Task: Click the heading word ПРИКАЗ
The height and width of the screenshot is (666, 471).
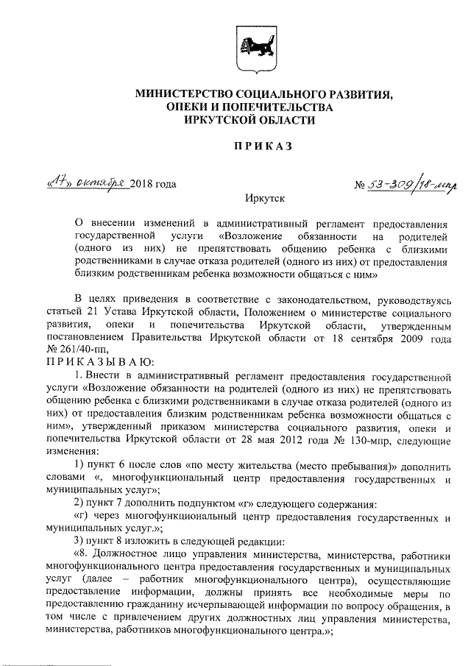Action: click(263, 146)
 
